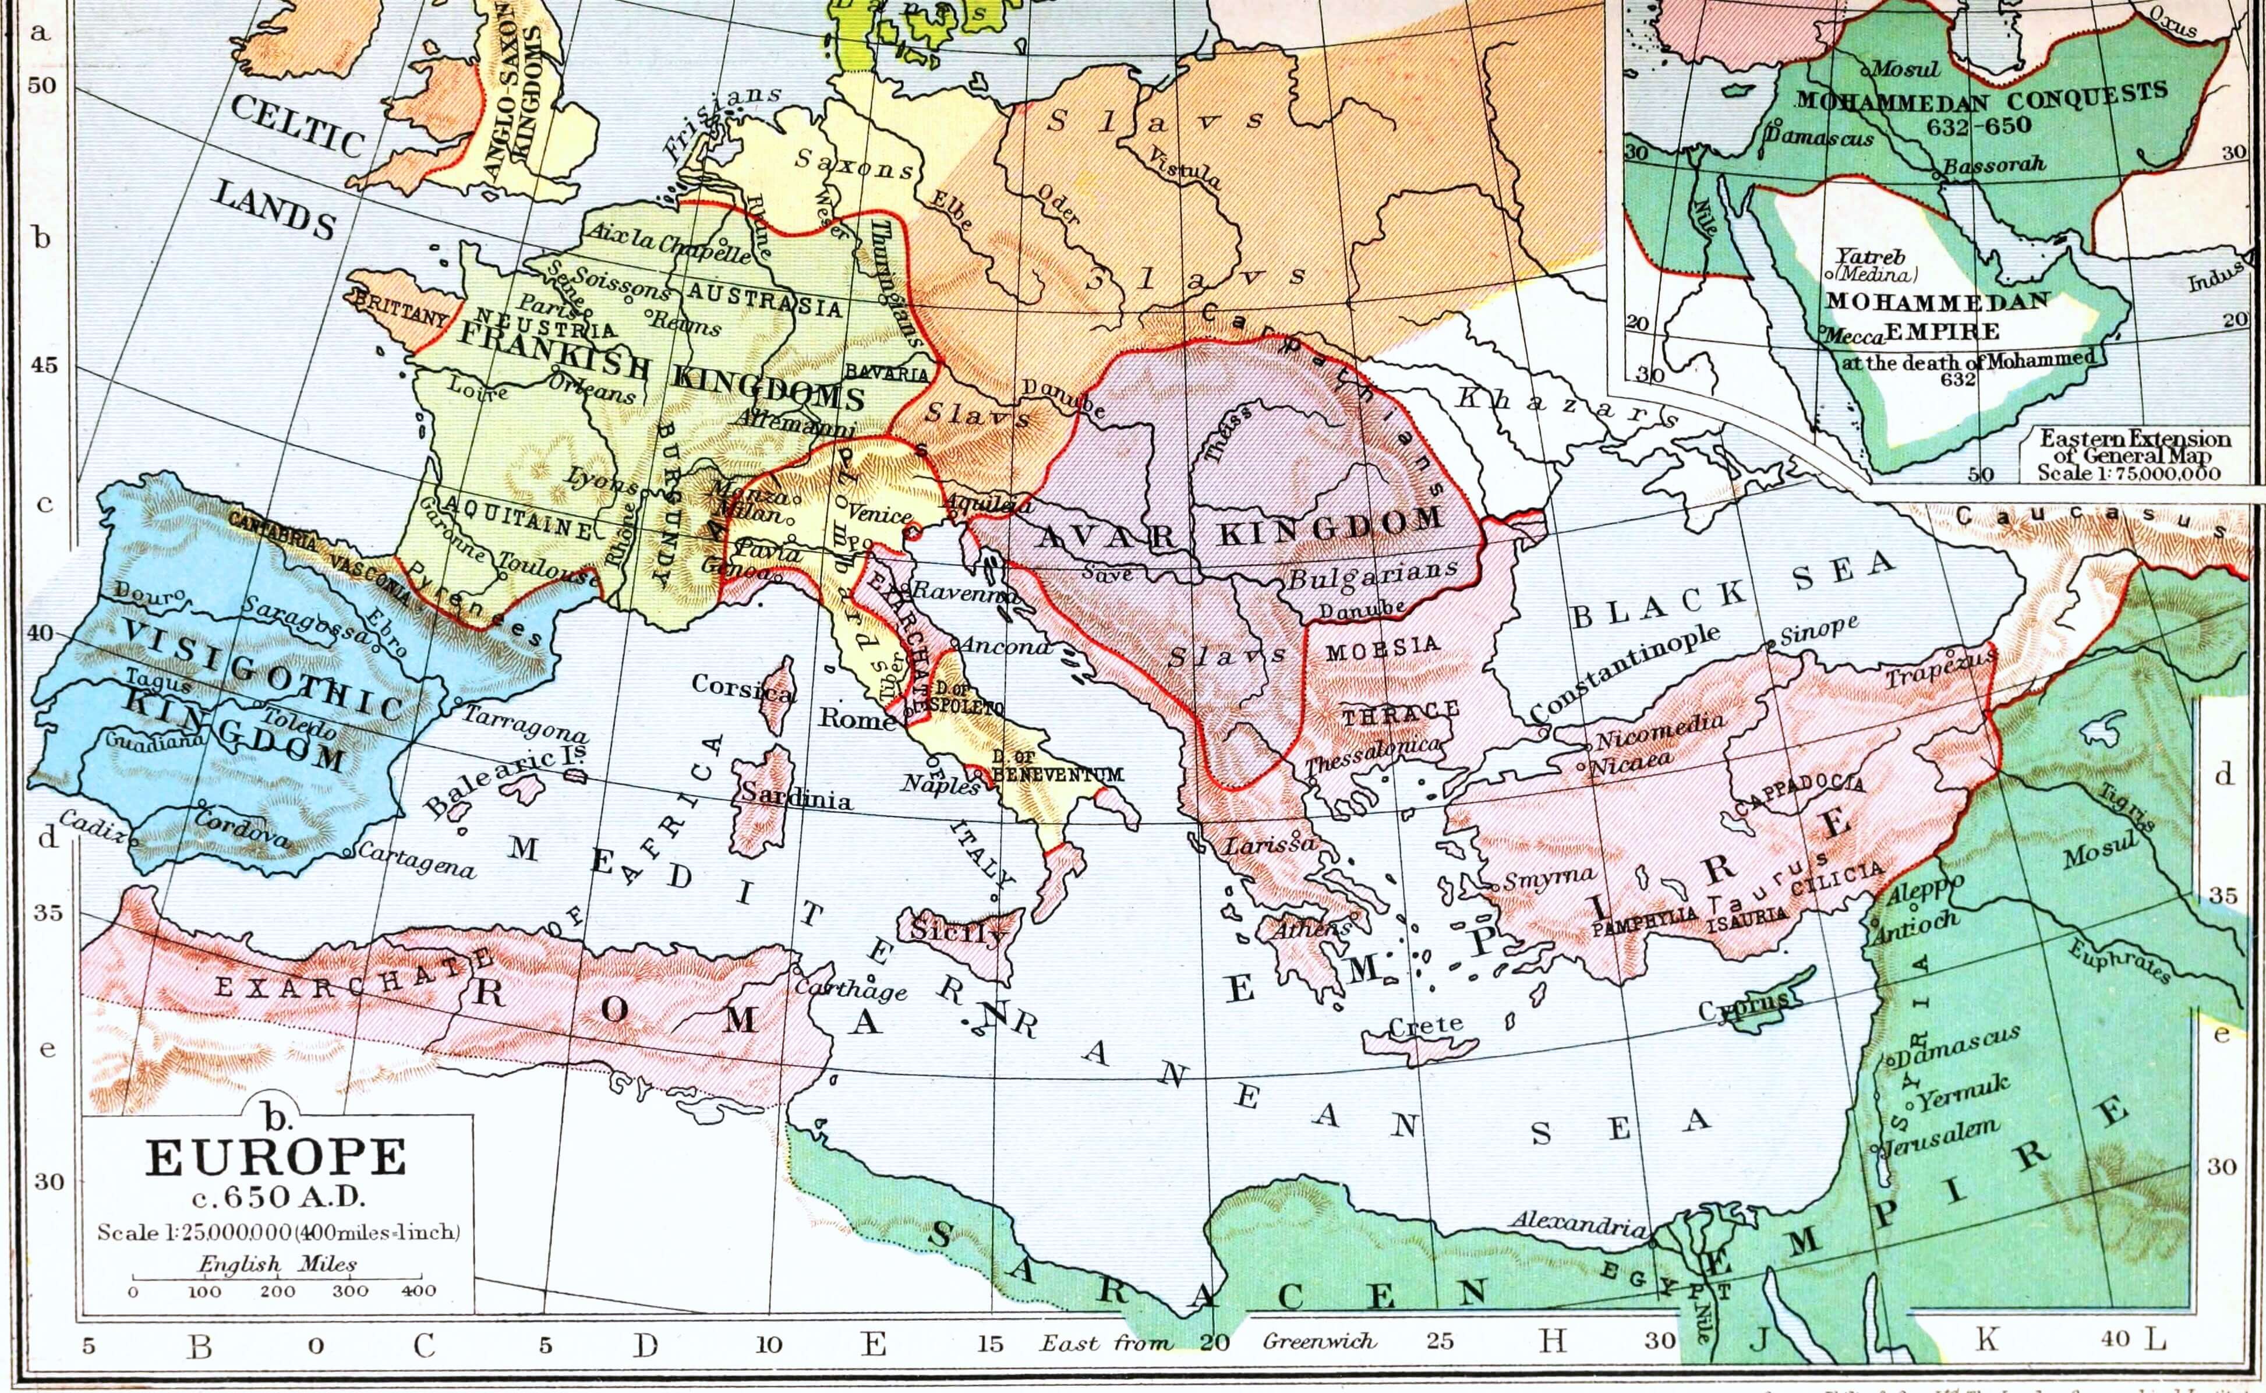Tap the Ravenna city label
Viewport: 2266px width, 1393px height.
click(x=964, y=594)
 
